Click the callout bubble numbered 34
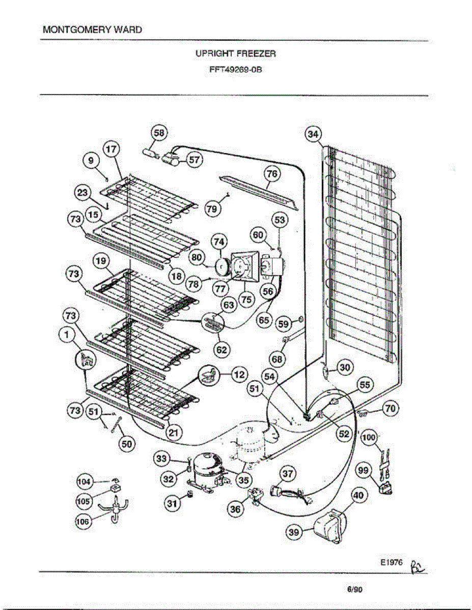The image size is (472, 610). click(313, 134)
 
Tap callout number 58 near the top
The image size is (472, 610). click(159, 133)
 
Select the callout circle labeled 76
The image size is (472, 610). click(273, 174)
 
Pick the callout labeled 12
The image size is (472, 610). click(238, 375)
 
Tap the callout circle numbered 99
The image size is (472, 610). click(363, 471)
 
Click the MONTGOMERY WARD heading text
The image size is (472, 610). click(93, 29)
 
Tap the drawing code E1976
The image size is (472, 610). click(391, 563)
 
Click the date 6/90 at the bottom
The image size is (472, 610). click(355, 590)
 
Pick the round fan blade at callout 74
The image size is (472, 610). click(222, 266)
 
